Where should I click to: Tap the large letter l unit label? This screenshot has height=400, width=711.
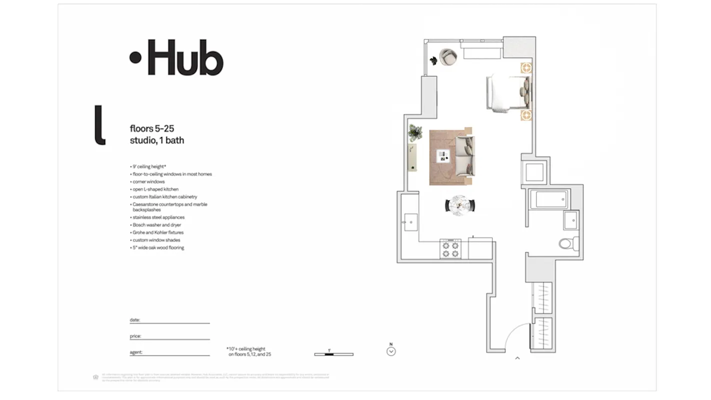tap(100, 125)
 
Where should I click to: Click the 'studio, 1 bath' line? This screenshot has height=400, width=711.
tap(157, 140)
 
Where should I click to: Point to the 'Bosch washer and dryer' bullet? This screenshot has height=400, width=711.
tap(157, 225)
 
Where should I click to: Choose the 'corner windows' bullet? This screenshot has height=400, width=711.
tap(148, 182)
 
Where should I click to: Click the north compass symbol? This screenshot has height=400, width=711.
tap(391, 351)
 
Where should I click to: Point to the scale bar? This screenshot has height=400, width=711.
tap(334, 354)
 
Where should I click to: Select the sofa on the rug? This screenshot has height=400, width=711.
tap(465, 155)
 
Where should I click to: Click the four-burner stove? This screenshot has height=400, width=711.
tap(450, 249)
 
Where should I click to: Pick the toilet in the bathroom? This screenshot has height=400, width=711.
tap(567, 244)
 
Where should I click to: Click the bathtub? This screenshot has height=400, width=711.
tap(549, 200)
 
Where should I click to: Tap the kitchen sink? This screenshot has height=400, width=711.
tap(411, 220)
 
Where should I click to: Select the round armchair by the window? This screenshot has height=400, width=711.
tap(448, 56)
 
